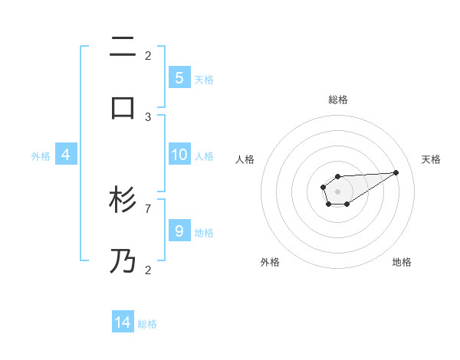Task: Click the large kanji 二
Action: [123, 48]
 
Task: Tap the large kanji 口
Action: [123, 108]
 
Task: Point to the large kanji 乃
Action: [123, 261]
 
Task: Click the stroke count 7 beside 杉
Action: [148, 208]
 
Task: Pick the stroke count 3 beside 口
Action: [148, 116]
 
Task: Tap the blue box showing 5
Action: [179, 77]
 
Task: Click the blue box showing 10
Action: [179, 155]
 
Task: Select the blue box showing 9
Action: [179, 231]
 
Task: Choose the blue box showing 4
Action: [65, 155]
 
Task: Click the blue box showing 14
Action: [123, 322]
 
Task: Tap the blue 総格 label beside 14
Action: [147, 324]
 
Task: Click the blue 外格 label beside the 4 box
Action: [41, 156]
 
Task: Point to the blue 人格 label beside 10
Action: [204, 156]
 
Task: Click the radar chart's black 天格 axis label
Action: [431, 159]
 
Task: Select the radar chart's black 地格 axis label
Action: [402, 262]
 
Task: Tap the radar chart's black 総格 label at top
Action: [338, 100]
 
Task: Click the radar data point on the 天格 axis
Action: [396, 172]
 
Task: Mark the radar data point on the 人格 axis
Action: [323, 186]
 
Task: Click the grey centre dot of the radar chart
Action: [337, 191]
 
